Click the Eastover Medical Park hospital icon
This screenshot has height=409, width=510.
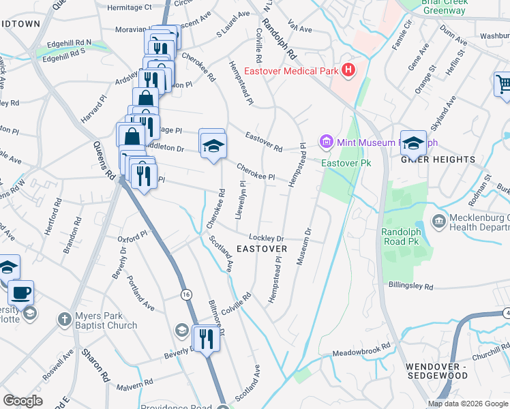(x=349, y=69)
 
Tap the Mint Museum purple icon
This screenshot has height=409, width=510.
(x=325, y=142)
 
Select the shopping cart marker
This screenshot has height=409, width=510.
(x=504, y=85)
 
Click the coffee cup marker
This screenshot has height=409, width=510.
(x=20, y=293)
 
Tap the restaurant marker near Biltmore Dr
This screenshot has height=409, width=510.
(x=205, y=338)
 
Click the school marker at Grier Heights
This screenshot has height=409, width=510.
(x=412, y=143)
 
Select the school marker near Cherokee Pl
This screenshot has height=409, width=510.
(x=213, y=144)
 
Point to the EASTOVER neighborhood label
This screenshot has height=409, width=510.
(x=262, y=249)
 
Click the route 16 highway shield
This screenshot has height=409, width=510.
(x=185, y=294)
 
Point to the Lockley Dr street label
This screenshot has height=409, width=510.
(x=266, y=237)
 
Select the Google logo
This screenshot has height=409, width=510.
(x=22, y=401)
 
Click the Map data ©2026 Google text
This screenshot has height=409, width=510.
(x=467, y=404)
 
